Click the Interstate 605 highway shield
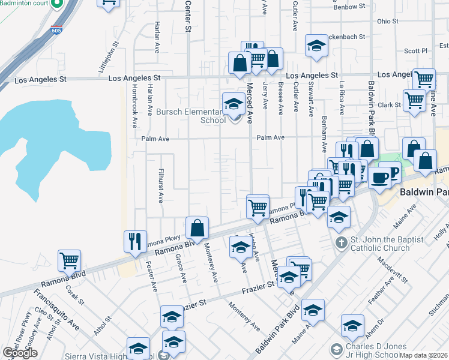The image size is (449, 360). point(56,30)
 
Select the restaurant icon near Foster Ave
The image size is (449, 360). point(135,241)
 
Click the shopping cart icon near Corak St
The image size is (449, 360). point(69,260)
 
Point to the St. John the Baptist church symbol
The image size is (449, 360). point(340,243)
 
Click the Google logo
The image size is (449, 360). point(20,352)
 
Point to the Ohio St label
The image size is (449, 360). point(388,22)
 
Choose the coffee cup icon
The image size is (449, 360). point(379,177)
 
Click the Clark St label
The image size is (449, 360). point(389,105)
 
